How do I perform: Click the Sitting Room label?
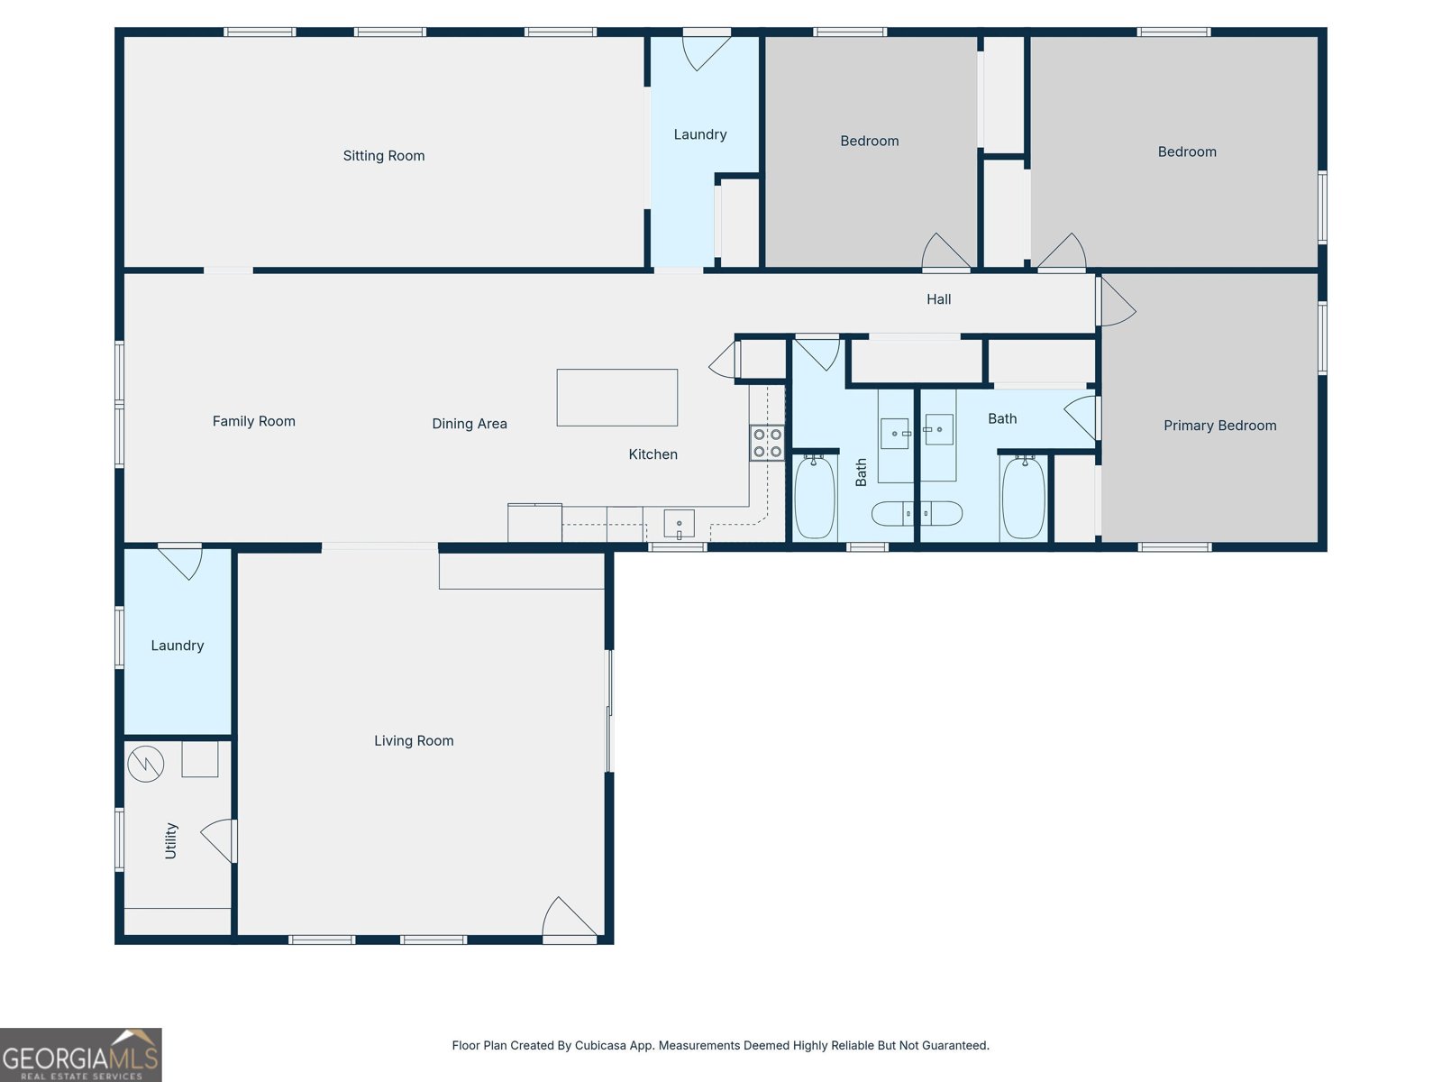click(x=384, y=156)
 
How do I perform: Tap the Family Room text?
click(x=253, y=421)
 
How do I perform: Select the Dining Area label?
click(x=469, y=424)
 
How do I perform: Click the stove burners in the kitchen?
click(x=767, y=443)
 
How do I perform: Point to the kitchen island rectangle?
click(x=616, y=398)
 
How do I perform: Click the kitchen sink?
click(x=679, y=524)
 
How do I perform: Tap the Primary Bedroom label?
click(x=1220, y=426)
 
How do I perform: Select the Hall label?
click(x=939, y=299)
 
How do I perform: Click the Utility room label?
click(x=171, y=841)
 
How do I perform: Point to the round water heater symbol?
click(x=145, y=764)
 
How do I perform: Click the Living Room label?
click(x=414, y=740)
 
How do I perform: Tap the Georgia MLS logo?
click(x=81, y=1054)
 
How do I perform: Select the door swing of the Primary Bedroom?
click(x=1117, y=301)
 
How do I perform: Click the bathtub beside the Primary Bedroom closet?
click(x=1023, y=498)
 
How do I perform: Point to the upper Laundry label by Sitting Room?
click(x=700, y=134)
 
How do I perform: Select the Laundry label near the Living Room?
click(x=178, y=646)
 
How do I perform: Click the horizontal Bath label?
click(x=1002, y=418)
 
